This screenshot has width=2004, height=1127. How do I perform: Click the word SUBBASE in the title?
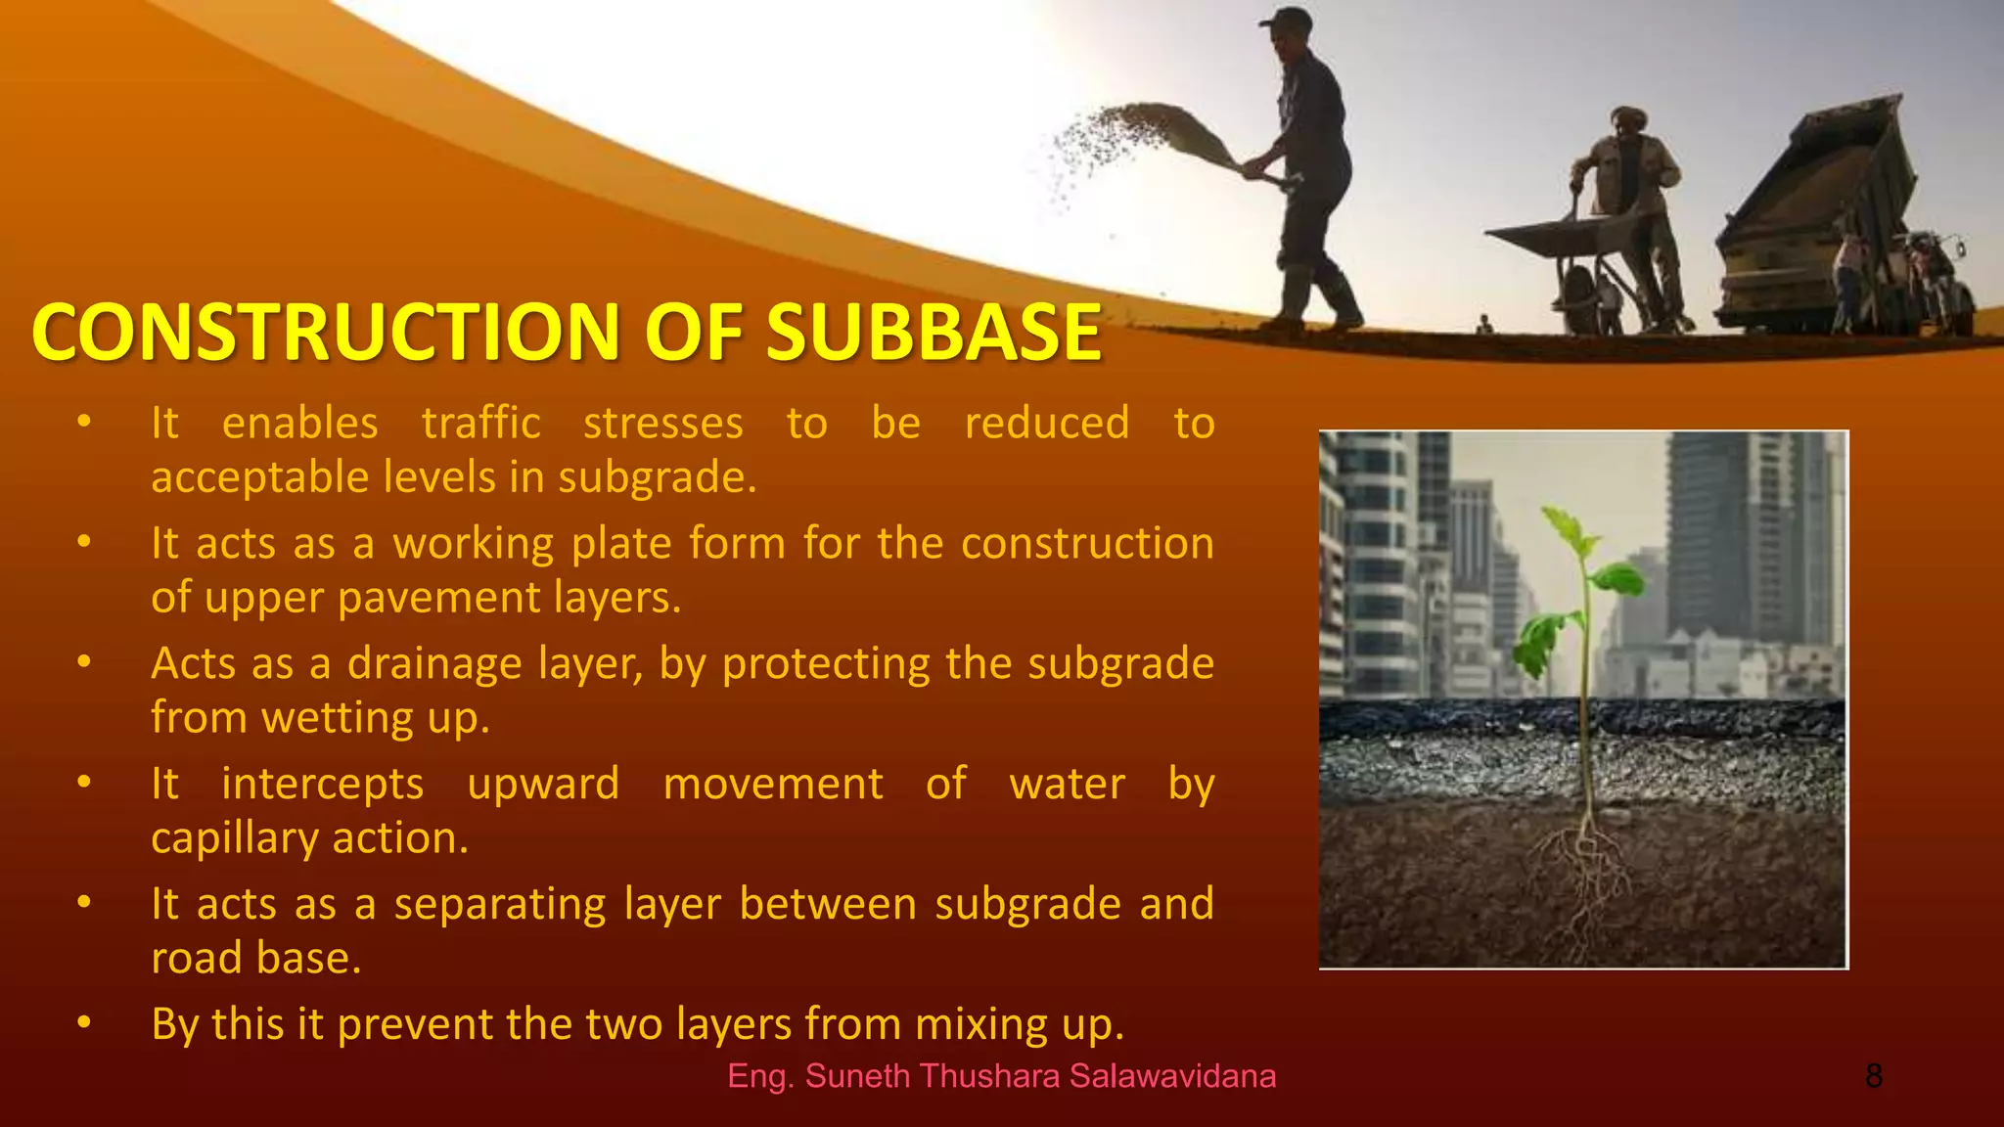934,332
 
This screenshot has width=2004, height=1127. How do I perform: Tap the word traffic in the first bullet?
480,424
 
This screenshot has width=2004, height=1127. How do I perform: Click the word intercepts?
322,784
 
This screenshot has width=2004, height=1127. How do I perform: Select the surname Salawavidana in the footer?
1172,1076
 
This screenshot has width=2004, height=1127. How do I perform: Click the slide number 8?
1873,1076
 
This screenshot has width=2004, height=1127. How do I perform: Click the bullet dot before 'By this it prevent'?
84,1022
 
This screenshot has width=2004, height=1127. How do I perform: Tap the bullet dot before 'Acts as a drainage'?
84,661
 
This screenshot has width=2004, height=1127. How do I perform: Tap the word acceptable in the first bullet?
258,478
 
